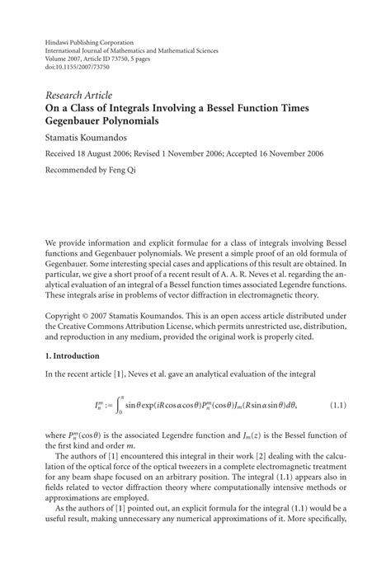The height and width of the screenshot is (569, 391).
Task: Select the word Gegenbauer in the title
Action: pyautogui.click(x=75, y=120)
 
